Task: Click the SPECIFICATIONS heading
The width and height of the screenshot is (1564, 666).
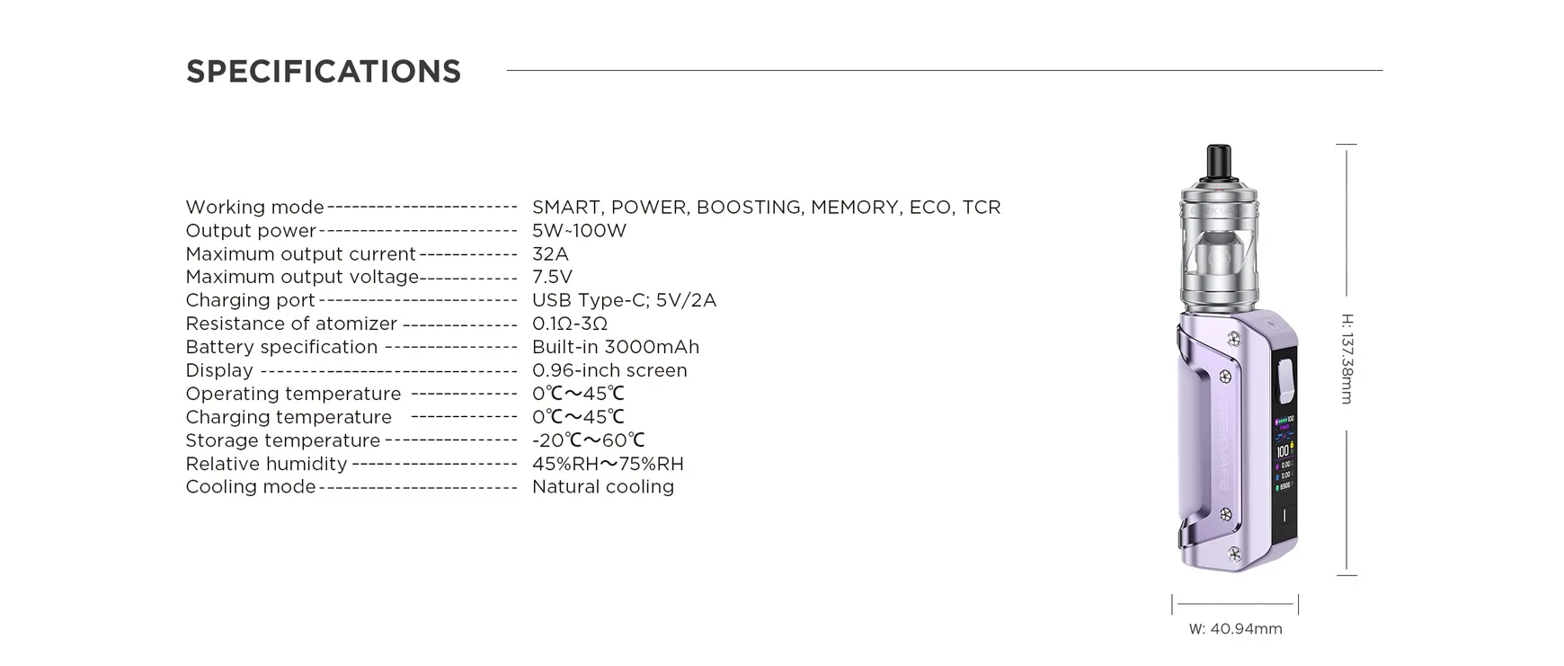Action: tap(324, 72)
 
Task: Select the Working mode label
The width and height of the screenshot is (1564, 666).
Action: tap(254, 208)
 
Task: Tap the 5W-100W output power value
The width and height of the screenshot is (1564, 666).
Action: tap(579, 231)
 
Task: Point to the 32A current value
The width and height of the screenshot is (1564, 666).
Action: tap(550, 254)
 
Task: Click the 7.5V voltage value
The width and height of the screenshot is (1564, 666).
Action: tap(552, 278)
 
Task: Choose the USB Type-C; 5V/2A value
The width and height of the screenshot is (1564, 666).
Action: tap(624, 301)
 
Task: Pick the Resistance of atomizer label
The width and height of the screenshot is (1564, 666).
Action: tap(291, 324)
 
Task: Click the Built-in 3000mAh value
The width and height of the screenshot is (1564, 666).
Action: tap(615, 348)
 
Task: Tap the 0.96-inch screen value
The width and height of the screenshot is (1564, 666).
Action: tap(609, 371)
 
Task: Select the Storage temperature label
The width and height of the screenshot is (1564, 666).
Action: tap(283, 441)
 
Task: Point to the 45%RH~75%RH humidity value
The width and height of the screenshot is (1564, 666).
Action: tap(608, 465)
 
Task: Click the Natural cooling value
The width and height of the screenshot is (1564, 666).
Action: tap(602, 487)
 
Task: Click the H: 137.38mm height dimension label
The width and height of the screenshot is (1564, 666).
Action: tap(1346, 359)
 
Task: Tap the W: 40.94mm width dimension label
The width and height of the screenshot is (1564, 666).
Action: tap(1235, 629)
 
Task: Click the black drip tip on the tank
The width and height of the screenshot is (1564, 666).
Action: tap(1219, 161)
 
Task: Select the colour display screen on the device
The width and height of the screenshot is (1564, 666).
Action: tap(1284, 454)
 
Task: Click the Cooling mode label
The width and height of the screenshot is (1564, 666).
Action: tap(251, 487)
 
